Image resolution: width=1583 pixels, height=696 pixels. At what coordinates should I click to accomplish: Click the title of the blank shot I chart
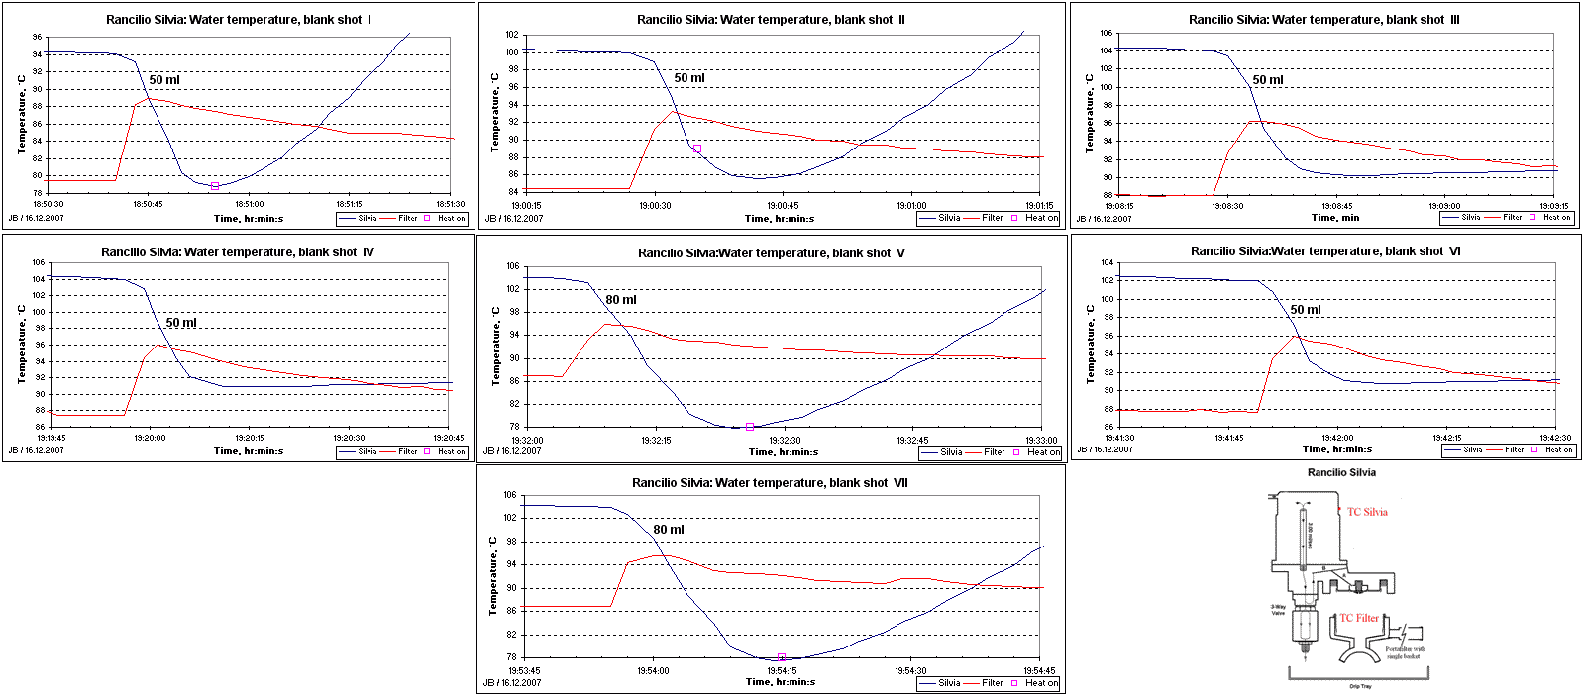(239, 20)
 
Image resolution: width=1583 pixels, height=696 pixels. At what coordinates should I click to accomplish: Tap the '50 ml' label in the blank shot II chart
(689, 78)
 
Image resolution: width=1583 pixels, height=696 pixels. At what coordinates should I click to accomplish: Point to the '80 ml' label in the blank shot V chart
(621, 300)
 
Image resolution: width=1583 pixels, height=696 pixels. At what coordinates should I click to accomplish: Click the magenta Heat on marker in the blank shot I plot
(215, 186)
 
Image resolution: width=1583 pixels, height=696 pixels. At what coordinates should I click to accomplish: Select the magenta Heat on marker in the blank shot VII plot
(782, 657)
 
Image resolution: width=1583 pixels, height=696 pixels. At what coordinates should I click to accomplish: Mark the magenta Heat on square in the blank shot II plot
(697, 149)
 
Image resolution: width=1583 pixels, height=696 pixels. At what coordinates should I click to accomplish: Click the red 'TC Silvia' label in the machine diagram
(1367, 512)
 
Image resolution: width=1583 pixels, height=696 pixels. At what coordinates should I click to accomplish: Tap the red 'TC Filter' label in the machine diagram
(1359, 618)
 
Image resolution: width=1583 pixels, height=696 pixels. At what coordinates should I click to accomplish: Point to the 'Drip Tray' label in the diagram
(1360, 686)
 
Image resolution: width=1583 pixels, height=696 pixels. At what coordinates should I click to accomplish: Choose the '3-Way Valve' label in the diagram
(1278, 610)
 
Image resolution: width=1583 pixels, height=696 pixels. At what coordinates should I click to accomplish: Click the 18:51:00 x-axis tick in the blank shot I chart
(249, 205)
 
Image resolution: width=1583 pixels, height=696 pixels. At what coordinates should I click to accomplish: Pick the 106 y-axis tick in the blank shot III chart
(1107, 33)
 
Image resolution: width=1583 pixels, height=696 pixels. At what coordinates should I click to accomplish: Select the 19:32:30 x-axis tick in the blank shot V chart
(785, 441)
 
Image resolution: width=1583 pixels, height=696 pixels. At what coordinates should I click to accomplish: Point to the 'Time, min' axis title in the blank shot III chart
(1335, 218)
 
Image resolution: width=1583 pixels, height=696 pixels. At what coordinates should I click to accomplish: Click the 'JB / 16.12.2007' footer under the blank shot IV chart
(37, 450)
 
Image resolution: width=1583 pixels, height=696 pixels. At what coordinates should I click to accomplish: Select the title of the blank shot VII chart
(770, 483)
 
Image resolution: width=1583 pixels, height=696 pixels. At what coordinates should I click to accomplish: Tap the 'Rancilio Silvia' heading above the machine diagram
(1341, 472)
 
